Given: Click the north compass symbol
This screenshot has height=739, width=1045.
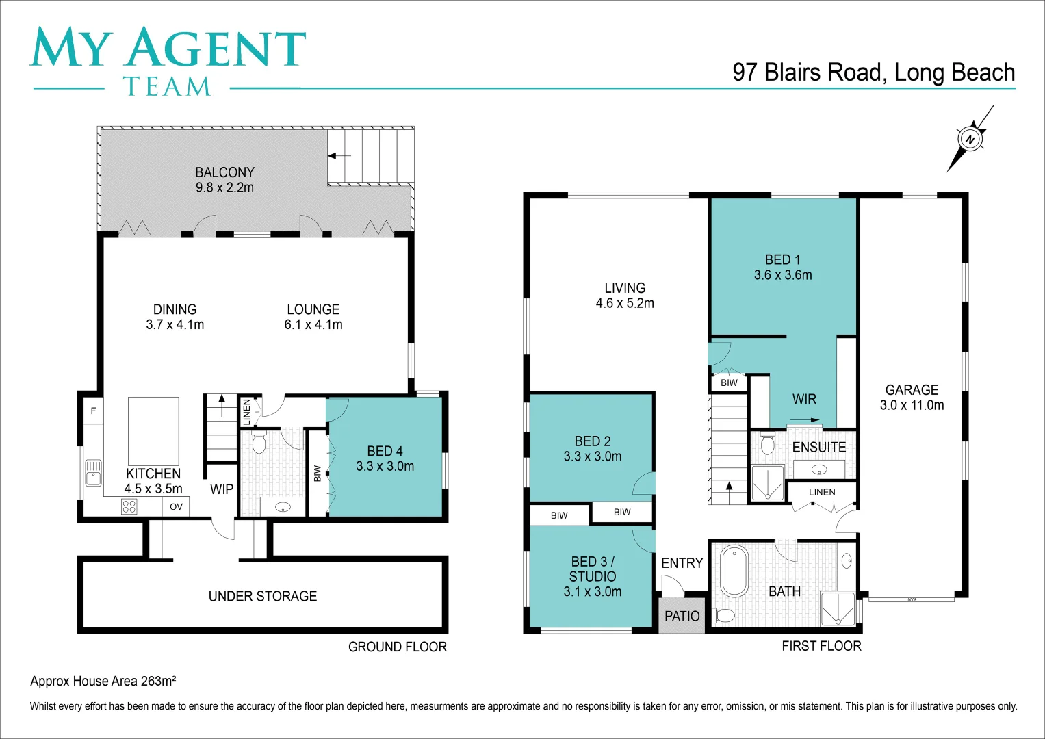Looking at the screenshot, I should click(970, 139).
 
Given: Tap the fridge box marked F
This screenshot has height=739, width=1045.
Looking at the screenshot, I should click(93, 411).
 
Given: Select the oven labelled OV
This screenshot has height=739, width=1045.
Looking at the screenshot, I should click(176, 506).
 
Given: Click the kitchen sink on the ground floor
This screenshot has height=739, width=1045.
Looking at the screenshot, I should click(93, 472).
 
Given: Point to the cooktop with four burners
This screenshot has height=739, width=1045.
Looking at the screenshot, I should click(129, 506).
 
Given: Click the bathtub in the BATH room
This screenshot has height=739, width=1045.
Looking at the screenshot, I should click(734, 571).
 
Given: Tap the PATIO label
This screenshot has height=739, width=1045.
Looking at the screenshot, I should click(682, 616).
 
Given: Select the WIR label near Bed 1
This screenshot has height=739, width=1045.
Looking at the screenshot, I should click(804, 399).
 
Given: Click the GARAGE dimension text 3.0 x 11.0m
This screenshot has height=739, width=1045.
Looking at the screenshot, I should click(912, 405).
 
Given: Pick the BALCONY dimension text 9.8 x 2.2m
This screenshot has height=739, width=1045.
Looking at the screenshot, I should click(224, 187).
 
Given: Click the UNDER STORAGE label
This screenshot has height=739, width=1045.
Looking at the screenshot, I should click(263, 596).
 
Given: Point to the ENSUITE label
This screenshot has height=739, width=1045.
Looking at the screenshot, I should click(819, 448).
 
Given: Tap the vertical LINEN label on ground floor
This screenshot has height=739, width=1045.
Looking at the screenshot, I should click(247, 412).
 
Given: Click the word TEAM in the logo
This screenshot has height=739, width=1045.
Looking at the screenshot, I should click(167, 87).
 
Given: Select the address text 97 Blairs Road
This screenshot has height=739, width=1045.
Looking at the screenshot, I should click(808, 73).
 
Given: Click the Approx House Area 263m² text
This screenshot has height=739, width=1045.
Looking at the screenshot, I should click(103, 681).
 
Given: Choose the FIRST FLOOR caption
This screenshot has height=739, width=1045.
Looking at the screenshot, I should click(821, 646).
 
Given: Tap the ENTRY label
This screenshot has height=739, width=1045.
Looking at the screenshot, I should click(682, 563).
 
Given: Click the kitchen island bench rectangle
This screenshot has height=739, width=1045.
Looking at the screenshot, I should click(153, 431).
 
